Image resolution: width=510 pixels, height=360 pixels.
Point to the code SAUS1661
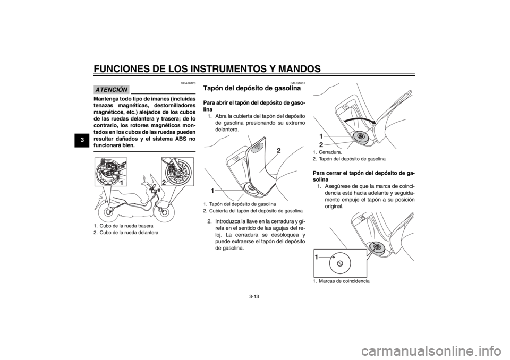pyautogui.click(x=298, y=83)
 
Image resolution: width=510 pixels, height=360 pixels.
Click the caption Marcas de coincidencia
pyautogui.click(x=341, y=281)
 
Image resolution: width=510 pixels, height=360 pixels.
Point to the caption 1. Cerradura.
pyautogui.click(x=327, y=152)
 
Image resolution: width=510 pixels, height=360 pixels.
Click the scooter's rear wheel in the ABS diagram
pyautogui.click(x=108, y=212)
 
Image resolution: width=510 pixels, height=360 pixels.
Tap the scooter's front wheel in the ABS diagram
pyautogui.click(x=163, y=211)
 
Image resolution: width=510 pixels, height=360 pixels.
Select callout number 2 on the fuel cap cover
pyautogui.click(x=278, y=150)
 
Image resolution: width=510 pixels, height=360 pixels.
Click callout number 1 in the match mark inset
pyautogui.click(x=316, y=257)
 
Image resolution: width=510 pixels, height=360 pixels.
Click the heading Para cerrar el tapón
pyautogui.click(x=363, y=176)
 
